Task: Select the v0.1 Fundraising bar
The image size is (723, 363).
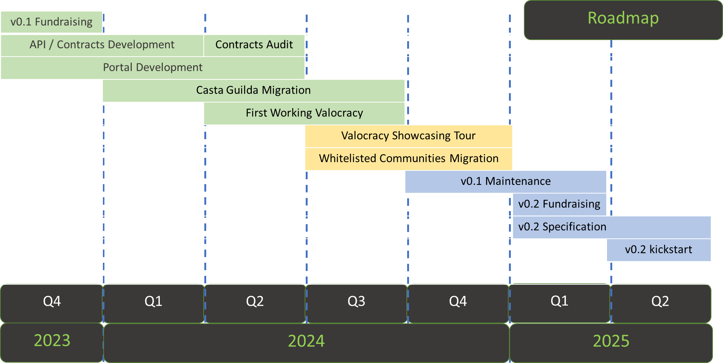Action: tap(52, 22)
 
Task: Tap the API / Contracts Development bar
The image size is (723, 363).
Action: tap(102, 45)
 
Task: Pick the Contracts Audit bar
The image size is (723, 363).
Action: tap(254, 45)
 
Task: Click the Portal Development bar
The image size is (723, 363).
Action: tap(153, 68)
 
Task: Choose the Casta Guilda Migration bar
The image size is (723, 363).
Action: tap(253, 91)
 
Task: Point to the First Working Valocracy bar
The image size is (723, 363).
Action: tap(304, 113)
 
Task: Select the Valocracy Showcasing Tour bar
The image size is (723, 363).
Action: tap(408, 136)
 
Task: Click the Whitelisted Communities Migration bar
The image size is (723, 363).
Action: tap(408, 159)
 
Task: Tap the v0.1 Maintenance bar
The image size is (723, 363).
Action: tap(506, 181)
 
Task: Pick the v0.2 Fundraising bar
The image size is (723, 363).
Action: tap(559, 204)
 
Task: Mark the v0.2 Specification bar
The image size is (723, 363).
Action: tap(611, 227)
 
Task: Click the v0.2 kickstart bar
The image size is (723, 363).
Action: tap(659, 250)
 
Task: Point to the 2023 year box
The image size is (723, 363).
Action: tap(52, 342)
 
